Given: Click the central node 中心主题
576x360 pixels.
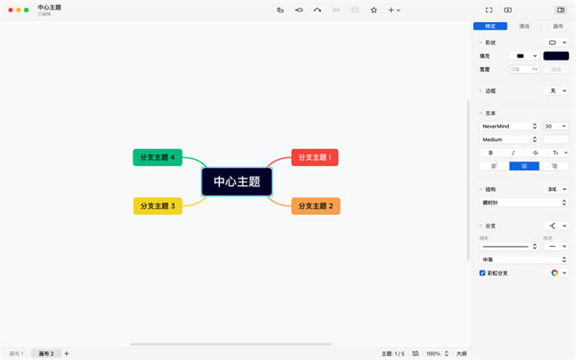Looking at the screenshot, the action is (x=236, y=181).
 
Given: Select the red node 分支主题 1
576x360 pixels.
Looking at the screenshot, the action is (x=315, y=157).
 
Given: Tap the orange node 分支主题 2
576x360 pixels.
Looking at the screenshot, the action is (x=315, y=205).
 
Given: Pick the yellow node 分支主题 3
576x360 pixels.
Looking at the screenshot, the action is (x=157, y=205).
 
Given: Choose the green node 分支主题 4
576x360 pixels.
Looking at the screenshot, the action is (x=157, y=157).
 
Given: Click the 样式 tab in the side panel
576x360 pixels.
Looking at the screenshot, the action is (x=492, y=26).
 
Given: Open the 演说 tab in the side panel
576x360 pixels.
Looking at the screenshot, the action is (x=523, y=26).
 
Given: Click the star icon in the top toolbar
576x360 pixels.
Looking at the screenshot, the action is (x=373, y=10).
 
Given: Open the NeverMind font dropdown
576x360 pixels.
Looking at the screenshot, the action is (x=509, y=126).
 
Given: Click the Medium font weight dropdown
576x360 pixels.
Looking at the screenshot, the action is (x=509, y=139).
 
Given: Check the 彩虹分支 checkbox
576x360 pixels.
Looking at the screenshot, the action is (x=483, y=273).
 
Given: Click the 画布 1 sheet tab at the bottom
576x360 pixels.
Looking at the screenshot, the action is (x=16, y=353).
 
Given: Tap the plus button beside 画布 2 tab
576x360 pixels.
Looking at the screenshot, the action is (x=66, y=353).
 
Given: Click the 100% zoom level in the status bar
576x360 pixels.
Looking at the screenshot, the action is (x=433, y=353).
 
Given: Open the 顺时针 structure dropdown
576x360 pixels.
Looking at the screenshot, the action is (x=523, y=203).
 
